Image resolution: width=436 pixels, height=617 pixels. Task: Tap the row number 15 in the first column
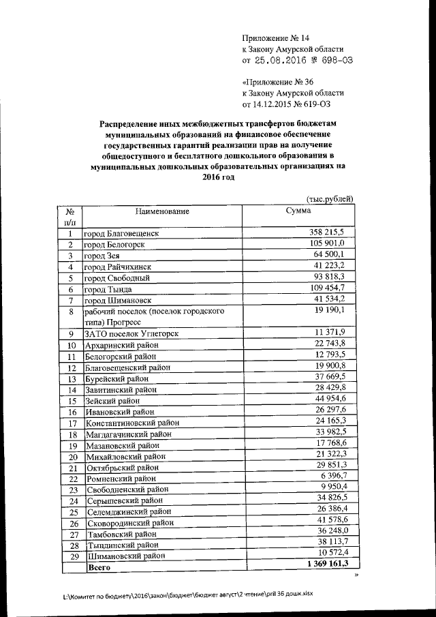70,400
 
